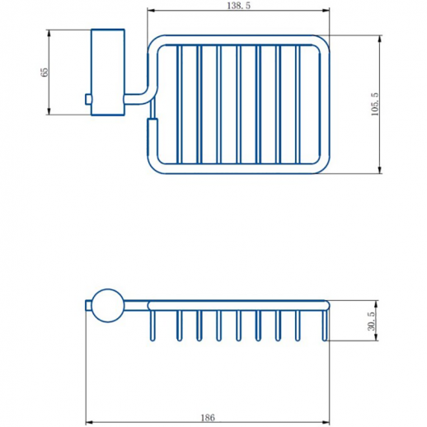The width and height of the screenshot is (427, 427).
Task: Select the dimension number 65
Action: (43, 73)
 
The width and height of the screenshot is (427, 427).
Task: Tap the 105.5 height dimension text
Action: (374, 104)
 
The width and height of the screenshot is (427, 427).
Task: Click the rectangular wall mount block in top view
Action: (106, 72)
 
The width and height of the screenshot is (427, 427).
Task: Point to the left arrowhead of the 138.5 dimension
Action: (150, 13)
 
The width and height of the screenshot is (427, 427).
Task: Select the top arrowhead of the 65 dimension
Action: (50, 33)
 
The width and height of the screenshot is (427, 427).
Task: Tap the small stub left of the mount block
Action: (87, 100)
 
